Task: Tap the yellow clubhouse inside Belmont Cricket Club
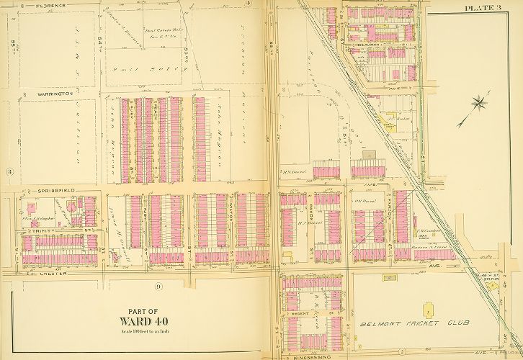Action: coord(429,310)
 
